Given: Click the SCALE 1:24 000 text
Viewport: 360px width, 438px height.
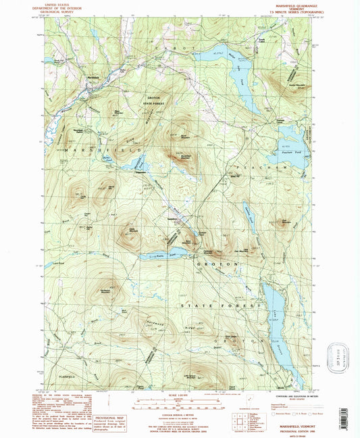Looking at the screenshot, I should click(180, 395).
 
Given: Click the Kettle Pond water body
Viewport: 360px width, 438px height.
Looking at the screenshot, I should click(159, 257).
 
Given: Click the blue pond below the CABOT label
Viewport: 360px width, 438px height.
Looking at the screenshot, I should click(236, 74).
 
